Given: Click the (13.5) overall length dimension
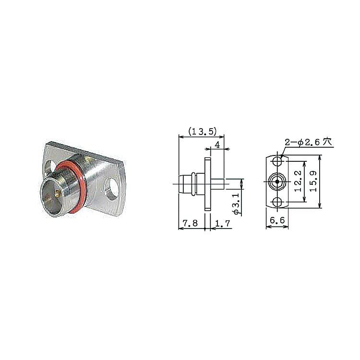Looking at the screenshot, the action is pyautogui.click(x=202, y=132).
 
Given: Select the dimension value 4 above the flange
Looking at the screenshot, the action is pyautogui.click(x=217, y=144).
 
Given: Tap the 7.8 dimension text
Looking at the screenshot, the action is pyautogui.click(x=190, y=223).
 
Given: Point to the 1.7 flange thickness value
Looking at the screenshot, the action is pyautogui.click(x=222, y=223).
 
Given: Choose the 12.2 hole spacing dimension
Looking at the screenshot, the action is pyautogui.click(x=298, y=181).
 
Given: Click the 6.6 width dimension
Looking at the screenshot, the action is pyautogui.click(x=277, y=220).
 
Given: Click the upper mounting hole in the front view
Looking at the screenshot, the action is pyautogui.click(x=277, y=161).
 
